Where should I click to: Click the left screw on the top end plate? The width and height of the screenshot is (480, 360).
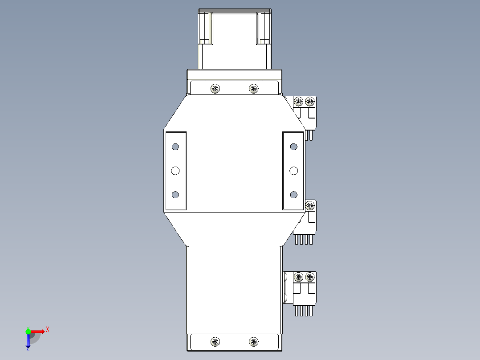216,89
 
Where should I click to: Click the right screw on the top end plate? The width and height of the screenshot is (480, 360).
253,89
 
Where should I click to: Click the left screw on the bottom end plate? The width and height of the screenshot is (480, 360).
216,342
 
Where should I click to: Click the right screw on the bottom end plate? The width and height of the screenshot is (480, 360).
253,342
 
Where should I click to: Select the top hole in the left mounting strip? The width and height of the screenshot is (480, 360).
175,147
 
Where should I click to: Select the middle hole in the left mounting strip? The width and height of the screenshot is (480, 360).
175,171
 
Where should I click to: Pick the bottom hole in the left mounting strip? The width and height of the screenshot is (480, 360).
175,194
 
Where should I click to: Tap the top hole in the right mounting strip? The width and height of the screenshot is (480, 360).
293,147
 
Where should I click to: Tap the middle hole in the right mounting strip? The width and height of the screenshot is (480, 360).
293,171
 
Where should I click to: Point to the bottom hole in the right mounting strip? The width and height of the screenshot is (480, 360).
293,194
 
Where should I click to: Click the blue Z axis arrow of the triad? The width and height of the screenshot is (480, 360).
28,343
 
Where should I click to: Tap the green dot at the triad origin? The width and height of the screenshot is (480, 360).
28,331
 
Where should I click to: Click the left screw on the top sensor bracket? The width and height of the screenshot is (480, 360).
299,102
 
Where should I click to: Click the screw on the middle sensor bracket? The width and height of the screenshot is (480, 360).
309,206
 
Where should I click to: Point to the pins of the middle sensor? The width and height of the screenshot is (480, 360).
304,240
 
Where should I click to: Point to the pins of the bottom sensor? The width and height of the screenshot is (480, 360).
304,311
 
